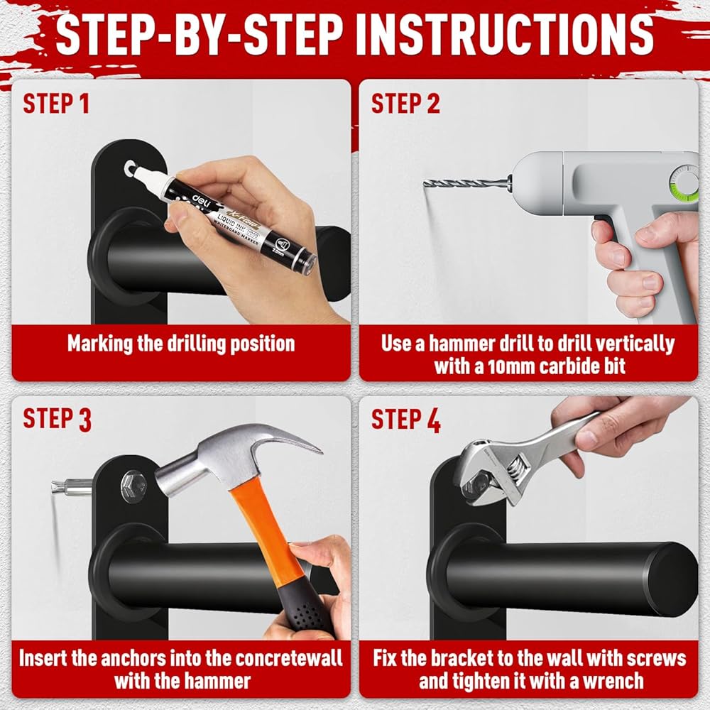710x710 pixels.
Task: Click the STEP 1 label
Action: point(56,104)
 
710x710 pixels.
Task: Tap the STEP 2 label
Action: point(405,104)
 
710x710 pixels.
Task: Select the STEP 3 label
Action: point(57,419)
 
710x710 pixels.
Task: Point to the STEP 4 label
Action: point(405,420)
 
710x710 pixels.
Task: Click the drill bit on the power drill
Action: point(466,184)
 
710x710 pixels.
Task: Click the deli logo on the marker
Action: point(201,200)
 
